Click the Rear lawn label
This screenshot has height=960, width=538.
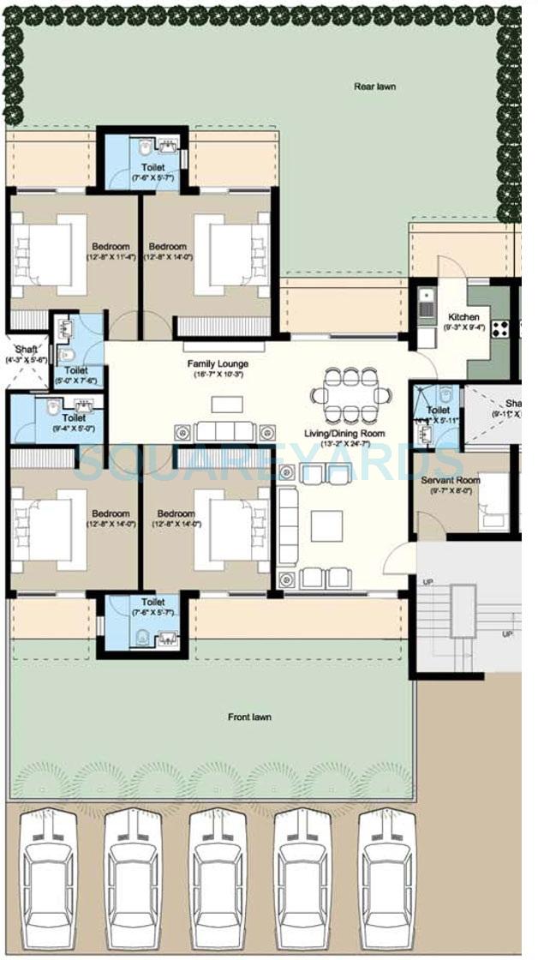click(374, 87)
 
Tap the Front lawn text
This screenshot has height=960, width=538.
click(250, 717)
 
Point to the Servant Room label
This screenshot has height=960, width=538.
click(451, 482)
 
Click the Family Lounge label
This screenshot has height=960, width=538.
click(218, 364)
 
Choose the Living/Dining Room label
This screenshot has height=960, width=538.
click(345, 434)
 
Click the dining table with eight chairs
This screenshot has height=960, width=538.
click(345, 395)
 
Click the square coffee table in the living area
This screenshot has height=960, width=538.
click(326, 525)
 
